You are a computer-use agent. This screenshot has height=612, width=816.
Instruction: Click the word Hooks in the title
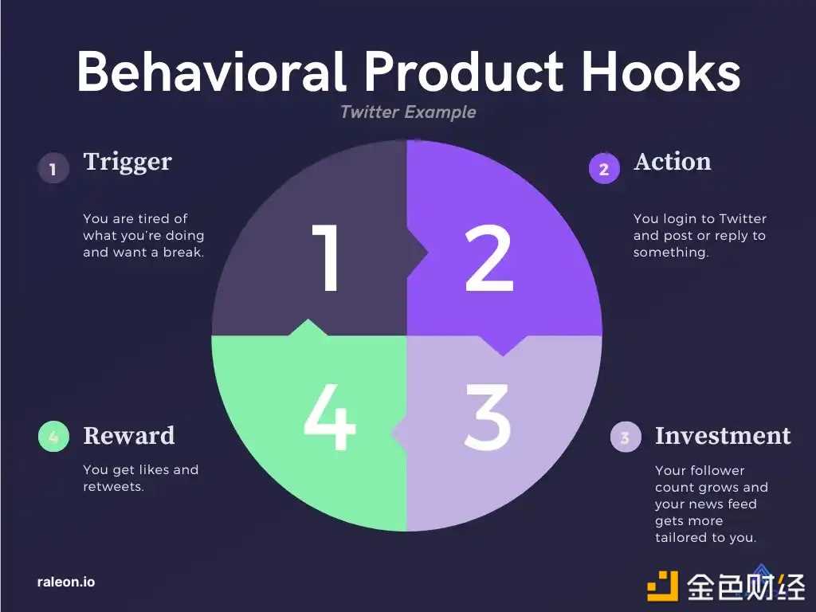(x=661, y=71)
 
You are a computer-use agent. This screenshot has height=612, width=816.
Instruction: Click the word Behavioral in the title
(x=211, y=71)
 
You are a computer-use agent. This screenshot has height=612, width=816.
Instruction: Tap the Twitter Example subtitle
(x=408, y=112)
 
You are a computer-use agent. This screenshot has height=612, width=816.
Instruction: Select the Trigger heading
(x=127, y=163)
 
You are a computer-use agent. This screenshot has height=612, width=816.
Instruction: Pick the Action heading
(x=673, y=162)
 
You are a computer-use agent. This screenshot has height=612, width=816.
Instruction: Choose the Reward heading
(x=129, y=436)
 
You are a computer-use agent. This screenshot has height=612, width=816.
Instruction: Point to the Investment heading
(x=723, y=436)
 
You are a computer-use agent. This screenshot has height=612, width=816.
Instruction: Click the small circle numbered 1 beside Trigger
(x=53, y=168)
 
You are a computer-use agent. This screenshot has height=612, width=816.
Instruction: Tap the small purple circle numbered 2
(x=604, y=168)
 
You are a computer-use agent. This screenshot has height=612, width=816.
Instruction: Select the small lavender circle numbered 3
(x=626, y=437)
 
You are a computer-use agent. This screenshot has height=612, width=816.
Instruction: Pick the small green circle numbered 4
(x=53, y=436)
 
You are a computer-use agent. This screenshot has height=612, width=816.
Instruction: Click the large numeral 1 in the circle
(x=326, y=257)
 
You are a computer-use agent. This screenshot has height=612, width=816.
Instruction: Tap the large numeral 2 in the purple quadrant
(x=489, y=259)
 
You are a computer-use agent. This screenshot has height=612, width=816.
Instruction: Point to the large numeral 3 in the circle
(x=487, y=417)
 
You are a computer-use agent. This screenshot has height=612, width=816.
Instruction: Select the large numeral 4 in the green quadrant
(x=329, y=417)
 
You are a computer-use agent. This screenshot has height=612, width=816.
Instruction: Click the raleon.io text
(x=66, y=582)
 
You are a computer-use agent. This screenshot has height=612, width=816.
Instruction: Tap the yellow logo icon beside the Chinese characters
(x=662, y=586)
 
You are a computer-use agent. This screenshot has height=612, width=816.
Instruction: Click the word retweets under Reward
(x=112, y=487)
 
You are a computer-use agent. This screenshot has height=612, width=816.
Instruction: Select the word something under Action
(x=670, y=253)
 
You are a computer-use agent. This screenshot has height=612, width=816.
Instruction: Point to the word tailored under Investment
(x=680, y=537)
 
